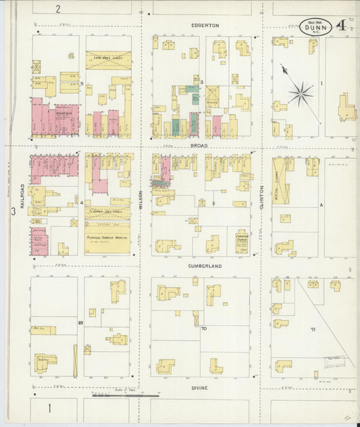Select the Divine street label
(199, 388)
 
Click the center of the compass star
(301, 93)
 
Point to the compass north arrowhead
(284, 69)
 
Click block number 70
(203, 329)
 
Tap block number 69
(80, 323)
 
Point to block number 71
(313, 328)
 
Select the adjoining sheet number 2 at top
(58, 9)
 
